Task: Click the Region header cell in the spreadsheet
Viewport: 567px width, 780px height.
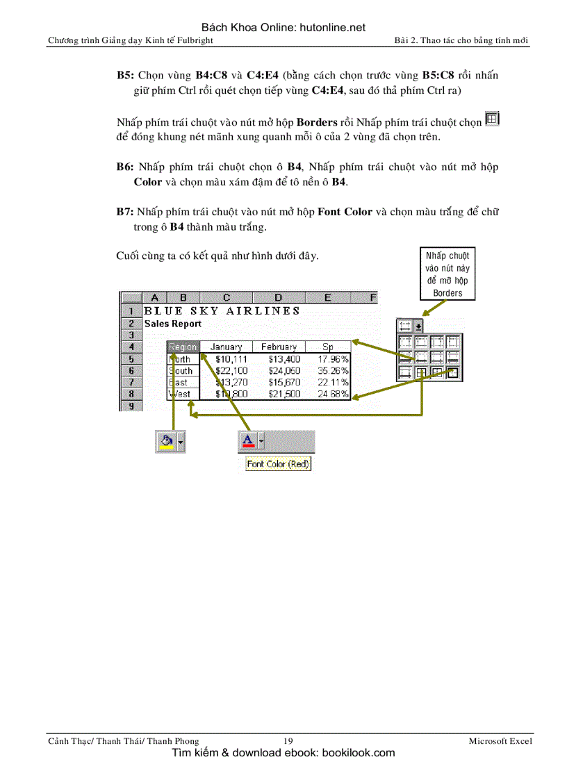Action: coord(183,347)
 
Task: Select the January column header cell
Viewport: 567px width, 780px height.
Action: coord(226,347)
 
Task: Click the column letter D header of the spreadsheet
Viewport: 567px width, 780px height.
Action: coord(278,298)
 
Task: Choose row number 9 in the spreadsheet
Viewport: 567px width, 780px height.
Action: coord(131,406)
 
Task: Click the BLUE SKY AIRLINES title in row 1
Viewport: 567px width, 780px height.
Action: coord(222,311)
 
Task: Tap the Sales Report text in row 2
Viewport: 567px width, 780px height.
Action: coord(173,324)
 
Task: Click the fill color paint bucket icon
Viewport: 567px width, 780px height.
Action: coord(165,440)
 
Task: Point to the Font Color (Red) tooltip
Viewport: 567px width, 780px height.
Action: coord(278,464)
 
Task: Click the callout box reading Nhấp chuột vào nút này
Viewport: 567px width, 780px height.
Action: coord(447,274)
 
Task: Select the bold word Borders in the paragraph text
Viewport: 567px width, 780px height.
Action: coord(317,122)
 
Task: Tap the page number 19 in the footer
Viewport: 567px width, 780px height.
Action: coord(288,741)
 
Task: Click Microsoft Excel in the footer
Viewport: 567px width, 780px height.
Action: coord(500,741)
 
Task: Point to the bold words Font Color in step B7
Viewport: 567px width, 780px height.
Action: coord(345,211)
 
